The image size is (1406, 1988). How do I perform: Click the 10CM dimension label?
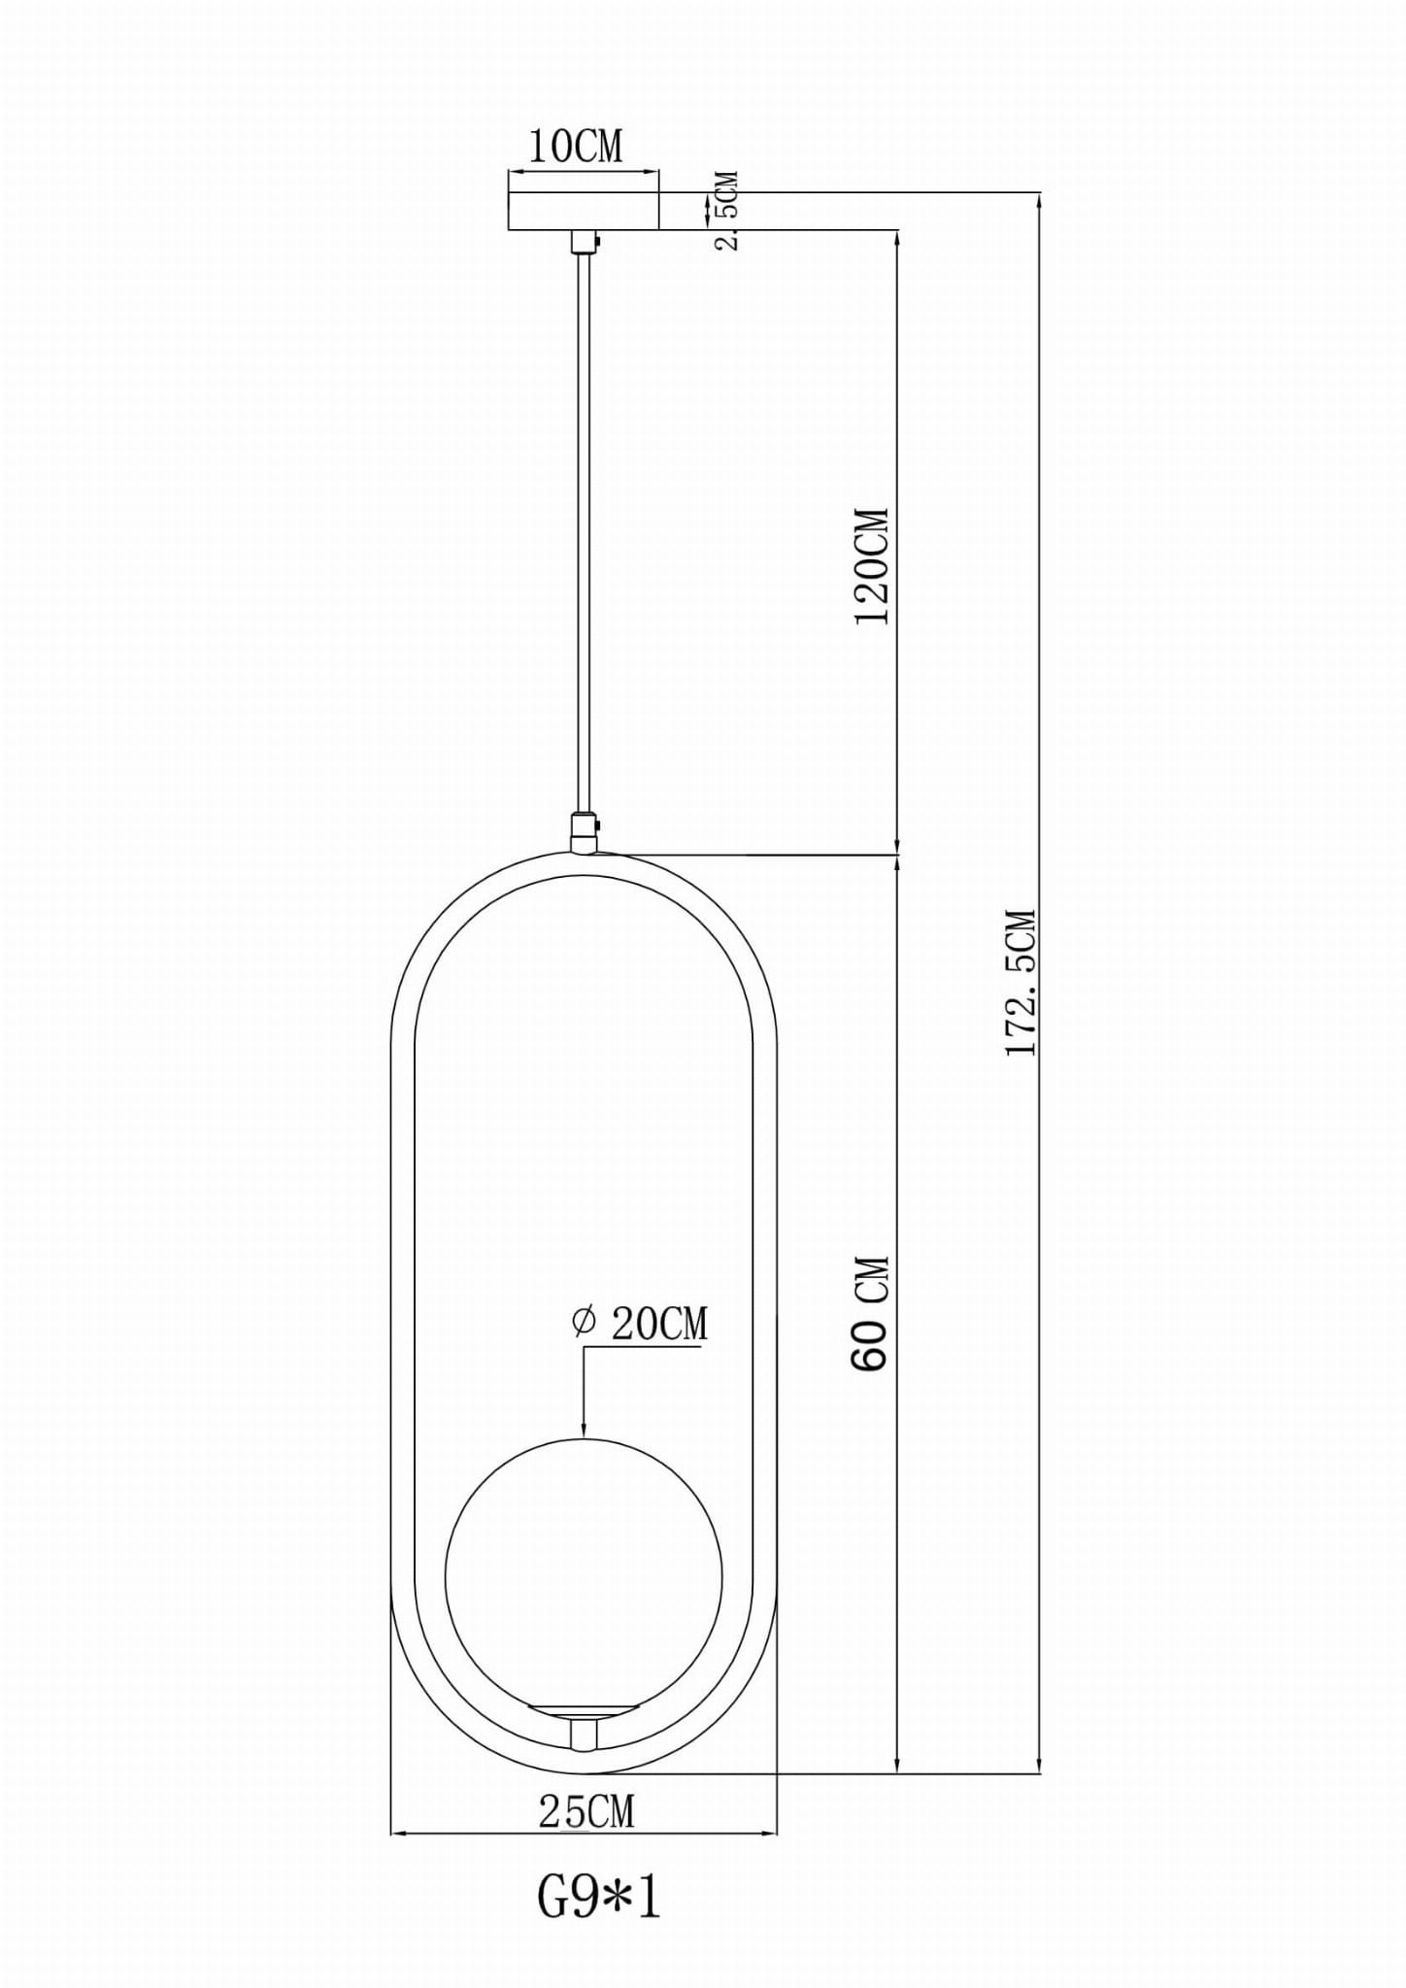575,147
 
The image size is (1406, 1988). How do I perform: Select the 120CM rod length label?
871,565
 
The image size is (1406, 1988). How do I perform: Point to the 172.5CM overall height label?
1021,982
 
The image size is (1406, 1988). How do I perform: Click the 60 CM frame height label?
870,1313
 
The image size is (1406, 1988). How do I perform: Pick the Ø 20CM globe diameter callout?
641,1324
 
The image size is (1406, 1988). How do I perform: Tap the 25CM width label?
586,1811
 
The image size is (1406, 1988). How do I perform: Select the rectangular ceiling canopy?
584,211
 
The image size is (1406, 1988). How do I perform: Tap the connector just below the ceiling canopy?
584,240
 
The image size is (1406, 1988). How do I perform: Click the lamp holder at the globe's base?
584,1720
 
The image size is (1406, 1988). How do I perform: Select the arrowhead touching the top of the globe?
584,1429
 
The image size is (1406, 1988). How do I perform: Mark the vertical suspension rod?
584,534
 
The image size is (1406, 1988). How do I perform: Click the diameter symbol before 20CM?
584,1322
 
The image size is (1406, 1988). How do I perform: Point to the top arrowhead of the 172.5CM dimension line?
1040,201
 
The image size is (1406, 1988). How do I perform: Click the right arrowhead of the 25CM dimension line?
770,1835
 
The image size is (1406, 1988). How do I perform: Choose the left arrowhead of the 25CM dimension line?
398,1835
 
